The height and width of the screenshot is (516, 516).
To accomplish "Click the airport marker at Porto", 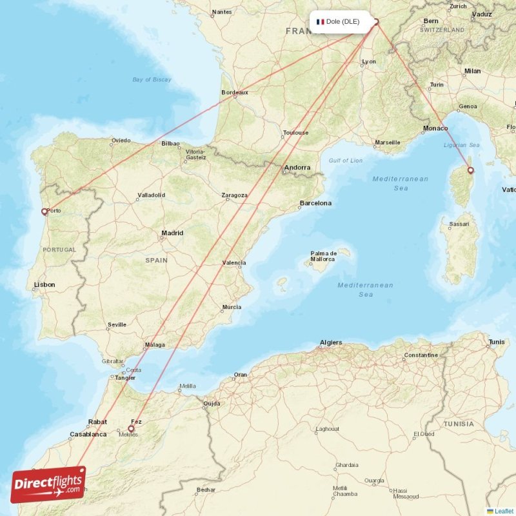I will [x=44, y=211].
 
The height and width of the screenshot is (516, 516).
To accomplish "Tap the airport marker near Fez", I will [x=131, y=428].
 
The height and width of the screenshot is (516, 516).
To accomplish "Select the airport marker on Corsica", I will [x=470, y=170].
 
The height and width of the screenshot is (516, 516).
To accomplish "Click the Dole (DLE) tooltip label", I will [x=342, y=21].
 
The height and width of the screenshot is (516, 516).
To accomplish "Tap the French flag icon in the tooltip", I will [x=320, y=21].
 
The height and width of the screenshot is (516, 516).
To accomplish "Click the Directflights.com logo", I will [x=48, y=484].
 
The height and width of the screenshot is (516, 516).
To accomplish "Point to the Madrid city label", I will [x=172, y=233].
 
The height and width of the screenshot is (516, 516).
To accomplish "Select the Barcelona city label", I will [x=315, y=203].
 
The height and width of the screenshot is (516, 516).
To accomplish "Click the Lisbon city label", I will [x=45, y=284].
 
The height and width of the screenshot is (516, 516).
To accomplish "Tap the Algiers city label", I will [x=331, y=342].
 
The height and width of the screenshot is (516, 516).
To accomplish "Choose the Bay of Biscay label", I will [x=152, y=79].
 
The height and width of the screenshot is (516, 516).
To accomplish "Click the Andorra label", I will [x=297, y=168].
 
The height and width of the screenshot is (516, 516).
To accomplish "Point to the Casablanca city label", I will [x=88, y=434].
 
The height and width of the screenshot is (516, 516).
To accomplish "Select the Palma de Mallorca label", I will [x=323, y=256].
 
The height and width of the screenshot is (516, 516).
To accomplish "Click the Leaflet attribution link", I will [x=504, y=511].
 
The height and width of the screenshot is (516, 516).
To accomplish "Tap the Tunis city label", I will [x=497, y=342].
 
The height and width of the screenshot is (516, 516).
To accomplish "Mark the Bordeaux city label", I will [x=235, y=93].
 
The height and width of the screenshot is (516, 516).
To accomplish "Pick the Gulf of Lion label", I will [x=346, y=160].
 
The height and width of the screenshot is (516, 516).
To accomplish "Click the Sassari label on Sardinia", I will [x=459, y=224].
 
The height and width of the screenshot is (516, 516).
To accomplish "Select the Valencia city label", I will [x=233, y=263].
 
